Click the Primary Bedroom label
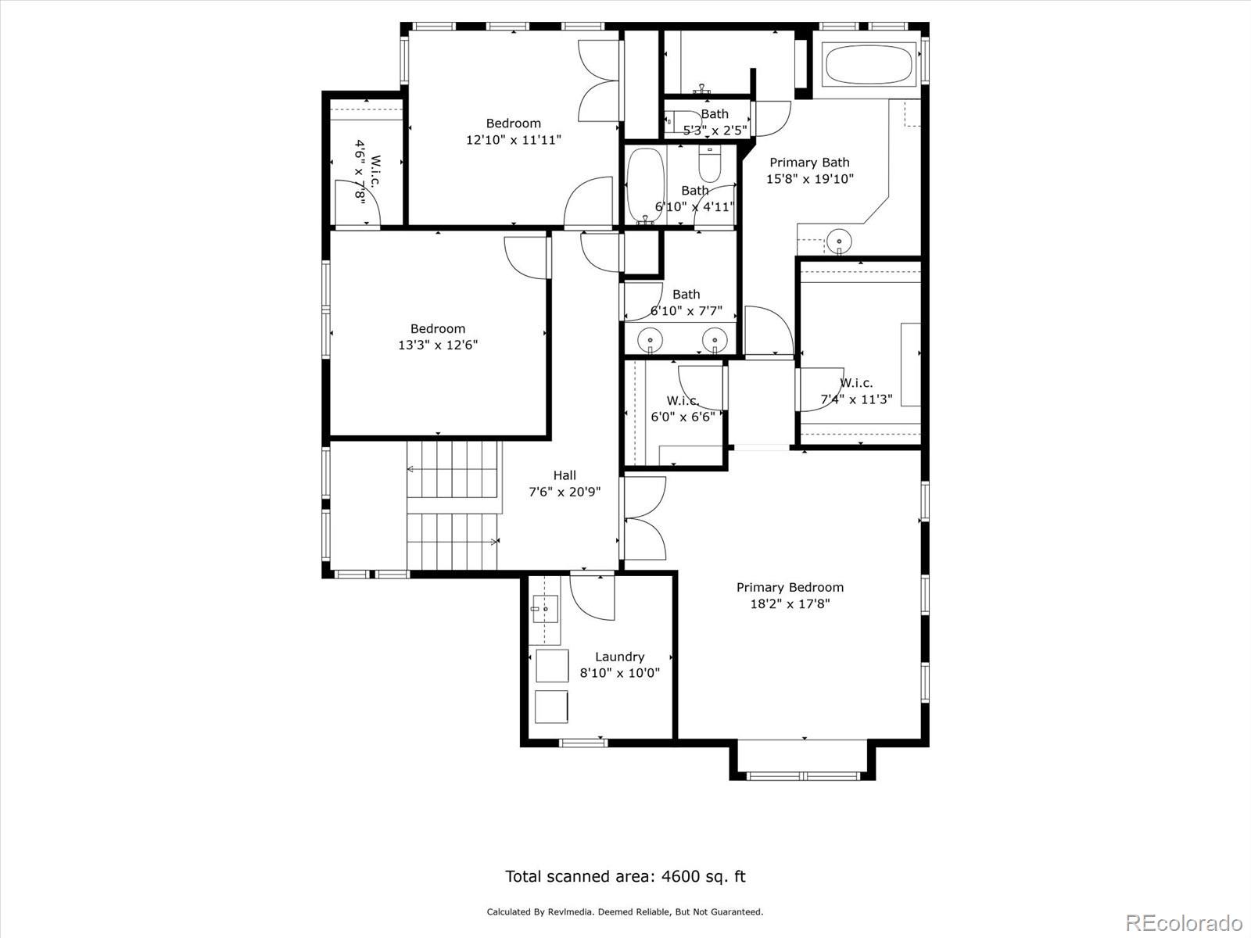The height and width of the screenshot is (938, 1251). pos(790,587)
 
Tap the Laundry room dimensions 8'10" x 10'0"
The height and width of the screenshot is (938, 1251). pos(619,673)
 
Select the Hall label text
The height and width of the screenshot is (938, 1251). pos(565,475)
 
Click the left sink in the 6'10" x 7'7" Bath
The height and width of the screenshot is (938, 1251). pos(649,341)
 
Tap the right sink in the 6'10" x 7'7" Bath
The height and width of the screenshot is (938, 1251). pos(712,341)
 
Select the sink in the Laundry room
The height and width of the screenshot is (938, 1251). pos(544,607)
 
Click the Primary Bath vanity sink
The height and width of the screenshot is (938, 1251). pos(839,238)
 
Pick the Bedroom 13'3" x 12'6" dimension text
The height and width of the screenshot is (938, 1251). pos(438,345)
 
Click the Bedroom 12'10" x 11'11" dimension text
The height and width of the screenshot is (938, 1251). pos(513,140)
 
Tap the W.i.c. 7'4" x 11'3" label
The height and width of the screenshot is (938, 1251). pos(856,391)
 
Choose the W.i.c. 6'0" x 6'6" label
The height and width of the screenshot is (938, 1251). pos(683,409)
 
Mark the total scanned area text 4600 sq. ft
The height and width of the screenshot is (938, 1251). pos(625,876)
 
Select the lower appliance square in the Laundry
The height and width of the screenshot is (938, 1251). pos(552,706)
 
